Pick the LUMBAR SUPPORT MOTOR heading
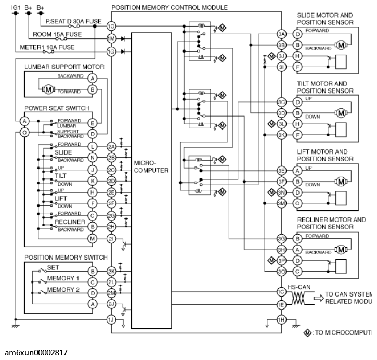click(x=64, y=67)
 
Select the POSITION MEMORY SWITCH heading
click(x=66, y=258)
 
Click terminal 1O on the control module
click(x=110, y=26)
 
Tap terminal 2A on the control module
click(x=111, y=147)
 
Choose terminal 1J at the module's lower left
click(x=111, y=319)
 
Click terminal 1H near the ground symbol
click(x=281, y=319)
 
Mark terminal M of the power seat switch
click(x=93, y=238)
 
